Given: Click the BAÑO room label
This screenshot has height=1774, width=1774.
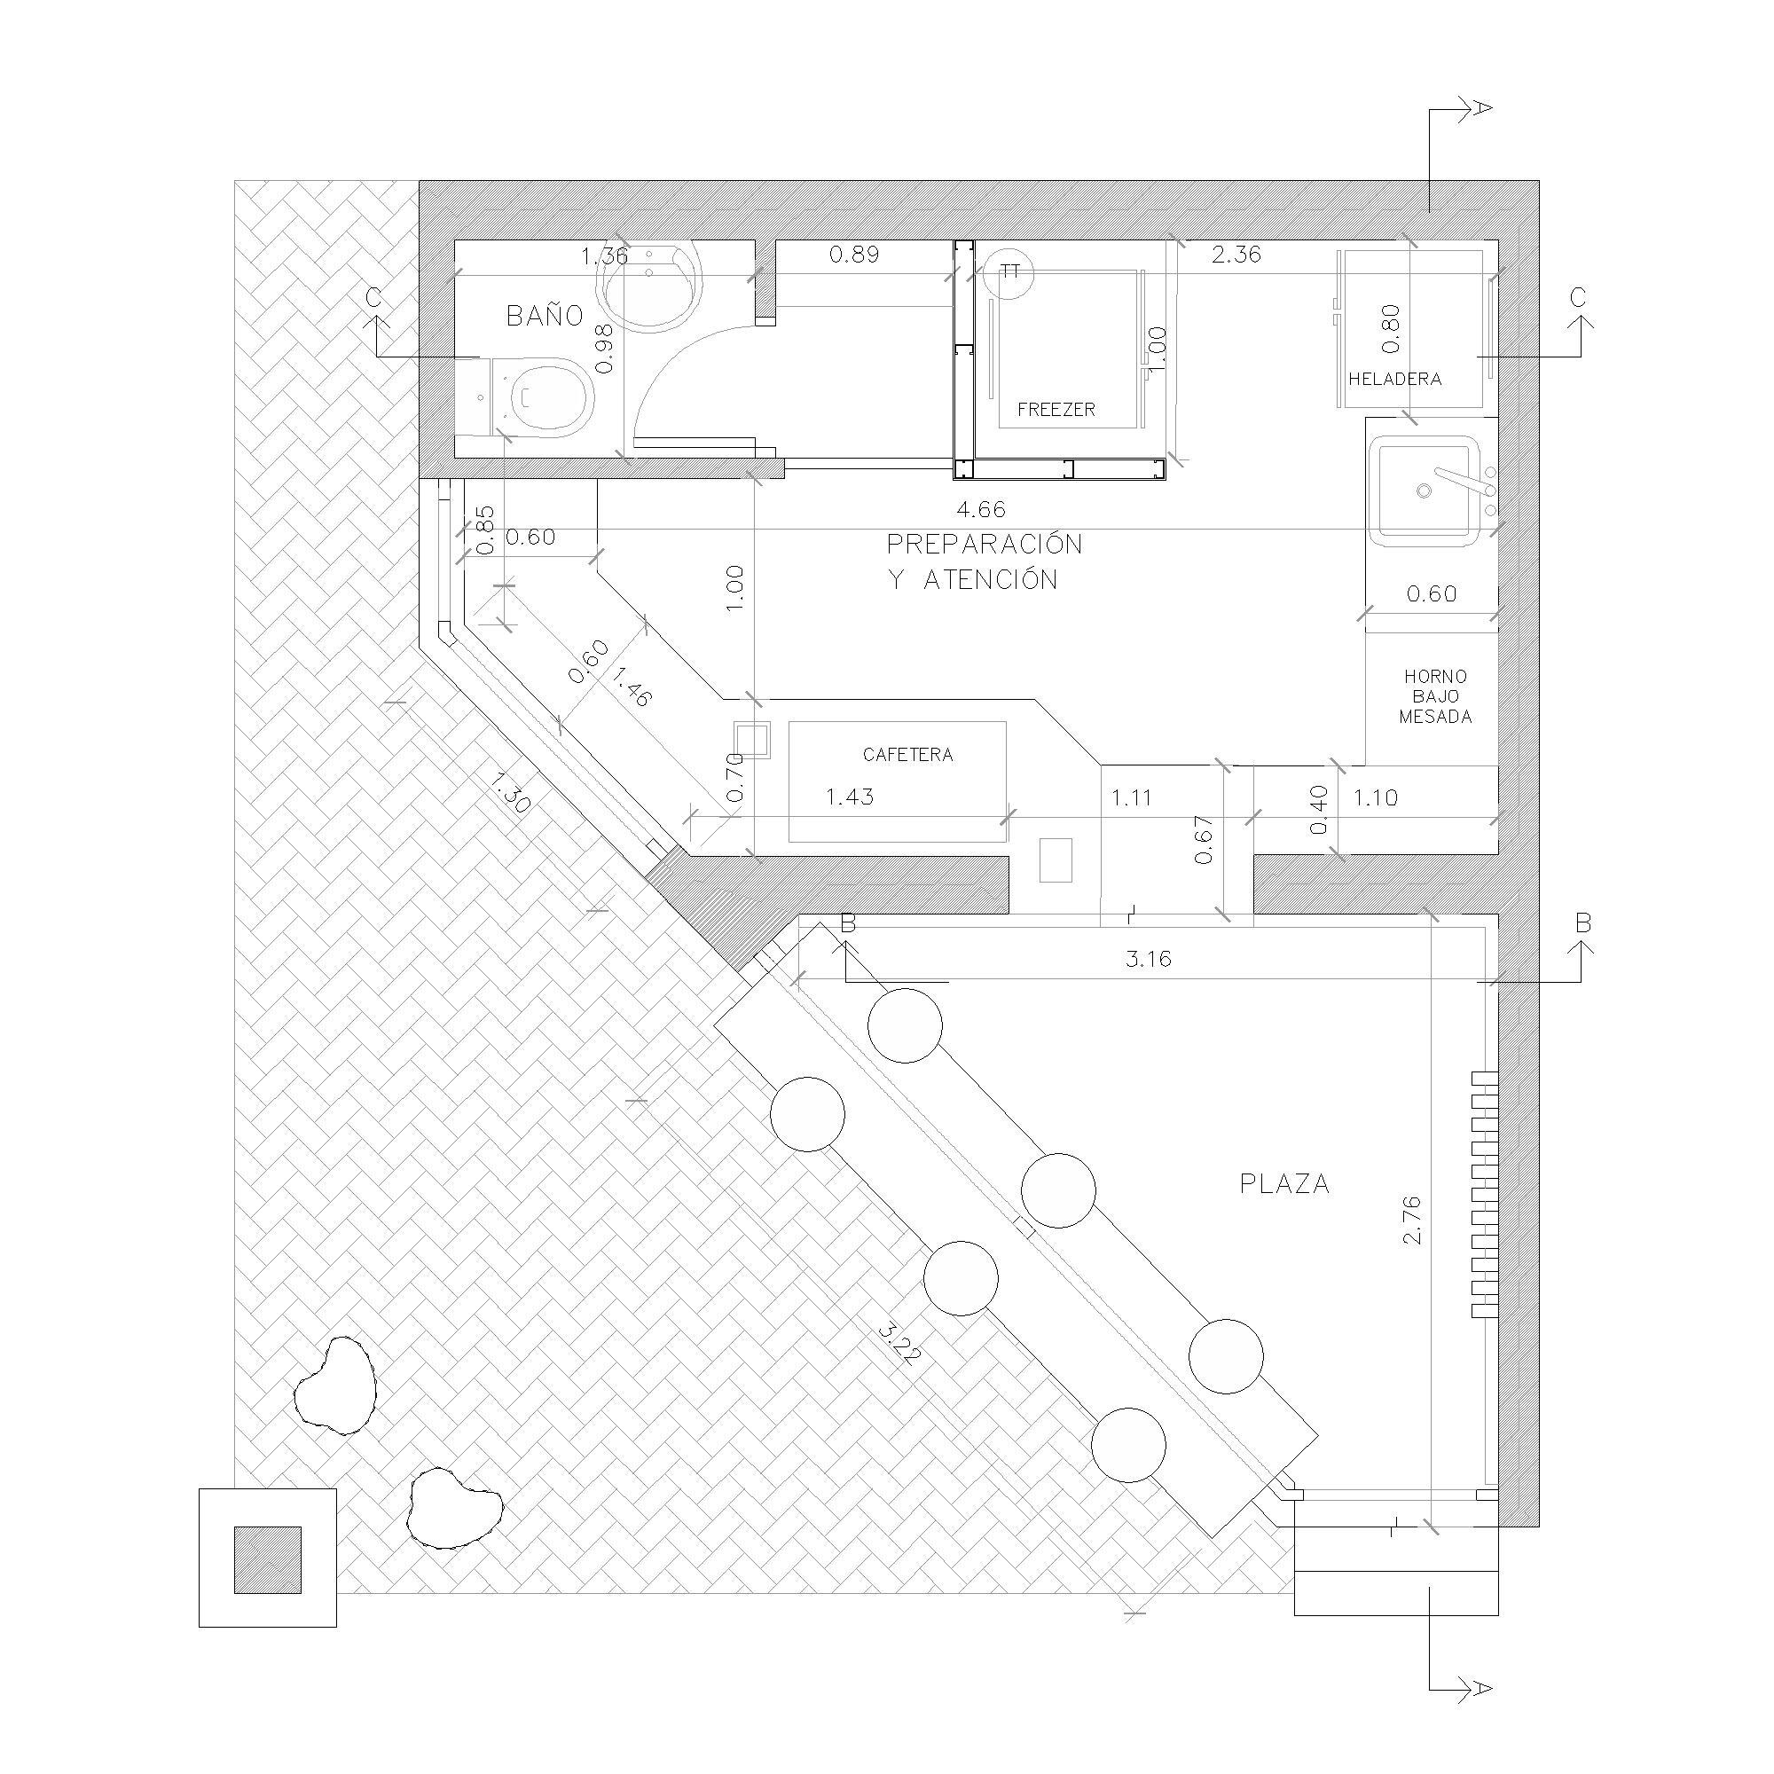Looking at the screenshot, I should point(545,316).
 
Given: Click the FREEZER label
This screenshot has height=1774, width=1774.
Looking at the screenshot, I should point(1056,410).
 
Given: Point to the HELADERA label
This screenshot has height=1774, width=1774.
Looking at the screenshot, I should point(1393,379).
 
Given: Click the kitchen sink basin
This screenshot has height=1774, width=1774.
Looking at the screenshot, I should point(1425,492).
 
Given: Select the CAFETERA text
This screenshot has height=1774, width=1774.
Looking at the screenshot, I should point(907,755).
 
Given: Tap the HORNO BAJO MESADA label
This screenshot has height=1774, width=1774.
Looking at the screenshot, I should point(1435,697).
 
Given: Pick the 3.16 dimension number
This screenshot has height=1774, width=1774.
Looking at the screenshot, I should point(1148,960).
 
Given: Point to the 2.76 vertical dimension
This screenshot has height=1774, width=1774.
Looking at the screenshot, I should point(1412,1221).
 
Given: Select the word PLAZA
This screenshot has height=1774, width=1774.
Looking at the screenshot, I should point(1284,1184).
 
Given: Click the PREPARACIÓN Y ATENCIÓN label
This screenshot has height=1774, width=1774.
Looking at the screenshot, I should point(983,562).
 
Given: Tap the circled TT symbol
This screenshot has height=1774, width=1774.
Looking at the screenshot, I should point(1009,271).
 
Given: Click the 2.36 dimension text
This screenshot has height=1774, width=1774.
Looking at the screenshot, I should point(1236,255).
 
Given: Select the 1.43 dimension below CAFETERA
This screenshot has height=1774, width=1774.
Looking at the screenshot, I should point(850,797).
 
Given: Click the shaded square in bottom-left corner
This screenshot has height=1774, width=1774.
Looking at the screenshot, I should point(267,1559).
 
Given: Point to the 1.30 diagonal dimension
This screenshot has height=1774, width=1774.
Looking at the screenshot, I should point(510,792).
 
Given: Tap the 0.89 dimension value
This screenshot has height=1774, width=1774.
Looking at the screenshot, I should point(854,255).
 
